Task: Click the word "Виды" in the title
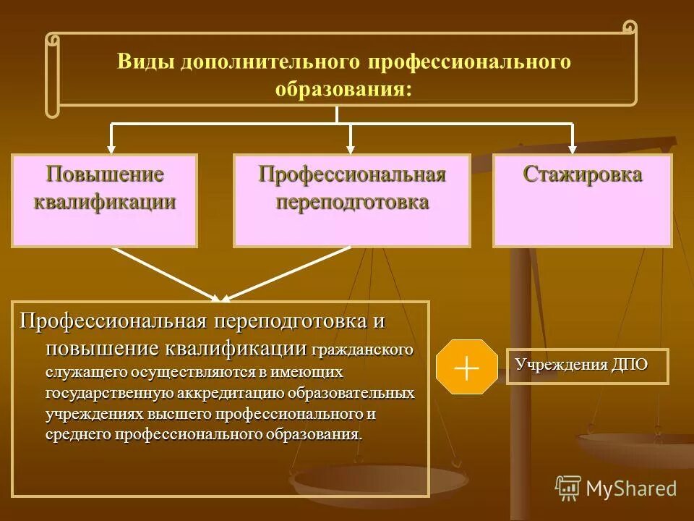145,62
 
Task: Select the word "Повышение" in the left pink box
105,175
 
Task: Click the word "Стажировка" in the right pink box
583,175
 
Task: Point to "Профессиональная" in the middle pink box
352,175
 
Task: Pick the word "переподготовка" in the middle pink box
352,200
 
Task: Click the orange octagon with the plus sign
467,367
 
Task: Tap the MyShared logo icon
568,488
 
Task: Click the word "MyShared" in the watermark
631,488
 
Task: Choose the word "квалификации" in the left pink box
105,200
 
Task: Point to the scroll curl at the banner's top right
630,27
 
